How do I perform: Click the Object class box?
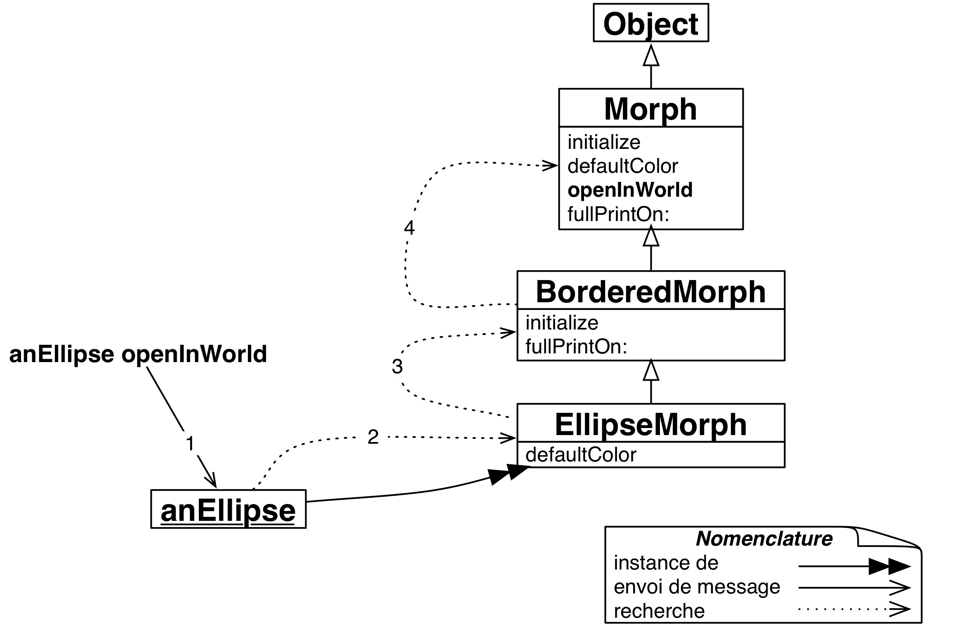(x=650, y=23)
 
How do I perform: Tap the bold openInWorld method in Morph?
(x=630, y=190)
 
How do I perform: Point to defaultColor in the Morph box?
(x=622, y=166)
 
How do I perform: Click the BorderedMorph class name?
(x=650, y=291)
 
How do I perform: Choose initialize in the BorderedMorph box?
(x=562, y=322)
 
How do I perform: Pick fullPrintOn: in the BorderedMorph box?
(x=576, y=347)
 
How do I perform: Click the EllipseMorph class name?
(x=650, y=424)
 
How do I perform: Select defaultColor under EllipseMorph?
(x=581, y=455)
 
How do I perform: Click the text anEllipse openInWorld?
(x=138, y=354)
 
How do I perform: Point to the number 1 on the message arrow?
(x=190, y=444)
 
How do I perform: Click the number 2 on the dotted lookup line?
(x=373, y=437)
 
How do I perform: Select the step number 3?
(x=397, y=367)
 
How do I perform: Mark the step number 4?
(x=409, y=227)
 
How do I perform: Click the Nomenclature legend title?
(x=764, y=539)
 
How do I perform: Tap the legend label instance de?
(x=666, y=563)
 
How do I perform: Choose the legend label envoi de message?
(x=697, y=587)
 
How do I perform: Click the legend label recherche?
(x=659, y=611)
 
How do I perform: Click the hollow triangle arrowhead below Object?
(x=651, y=56)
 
